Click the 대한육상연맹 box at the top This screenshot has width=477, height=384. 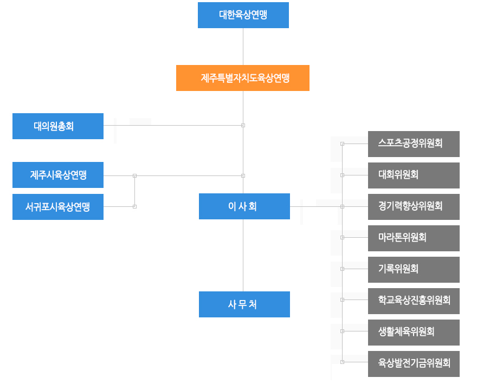pyautogui.click(x=243, y=15)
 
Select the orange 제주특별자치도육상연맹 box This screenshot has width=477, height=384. pyautogui.click(x=243, y=78)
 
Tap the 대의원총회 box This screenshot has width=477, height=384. pyautogui.click(x=58, y=126)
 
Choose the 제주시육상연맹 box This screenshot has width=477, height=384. pyautogui.click(x=58, y=175)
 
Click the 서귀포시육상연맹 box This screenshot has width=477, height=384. pyautogui.click(x=58, y=207)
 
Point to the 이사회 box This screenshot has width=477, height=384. pyautogui.click(x=244, y=206)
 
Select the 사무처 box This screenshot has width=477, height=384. pyautogui.click(x=244, y=304)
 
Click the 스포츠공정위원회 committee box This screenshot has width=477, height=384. pyautogui.click(x=414, y=144)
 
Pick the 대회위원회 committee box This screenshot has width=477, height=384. pyautogui.click(x=414, y=175)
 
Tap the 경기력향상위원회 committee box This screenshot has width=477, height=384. pyautogui.click(x=414, y=207)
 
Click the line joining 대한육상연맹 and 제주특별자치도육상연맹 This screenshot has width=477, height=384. pyautogui.click(x=243, y=47)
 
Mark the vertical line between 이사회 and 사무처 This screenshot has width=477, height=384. pyautogui.click(x=243, y=255)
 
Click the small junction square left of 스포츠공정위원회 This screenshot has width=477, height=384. pyautogui.click(x=342, y=144)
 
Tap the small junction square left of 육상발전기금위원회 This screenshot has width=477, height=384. pyautogui.click(x=342, y=362)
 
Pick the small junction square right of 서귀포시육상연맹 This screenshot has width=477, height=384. pyautogui.click(x=134, y=206)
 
